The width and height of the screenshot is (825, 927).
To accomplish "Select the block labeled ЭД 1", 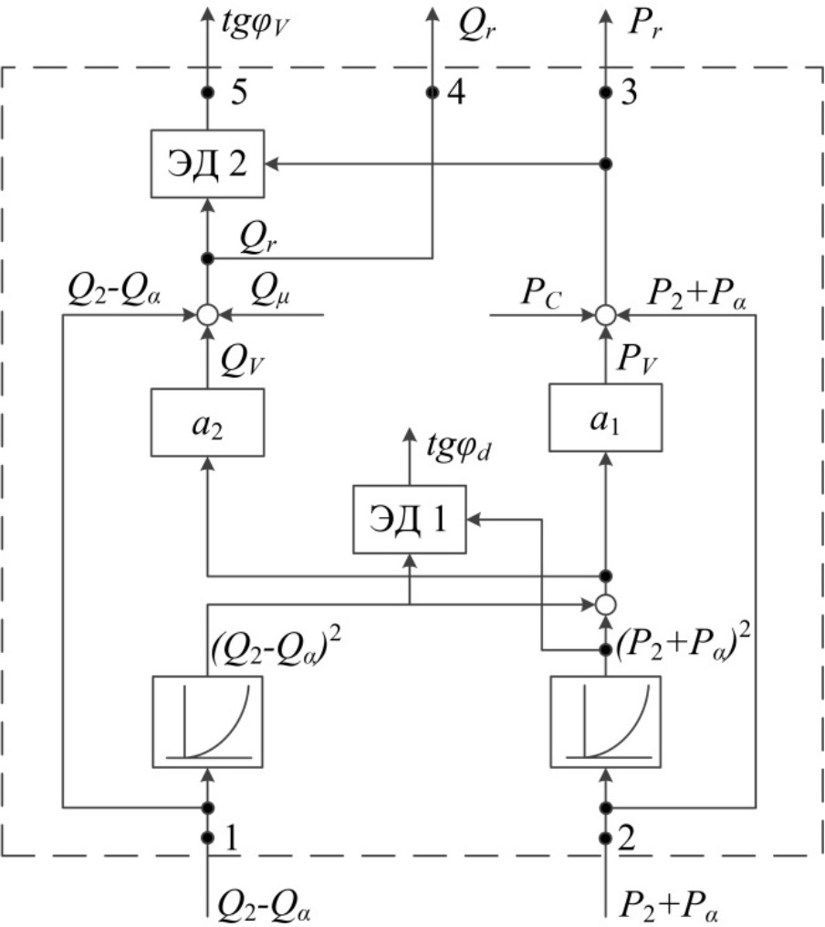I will pyautogui.click(x=410, y=519).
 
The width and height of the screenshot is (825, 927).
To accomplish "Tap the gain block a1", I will pyautogui.click(x=603, y=417).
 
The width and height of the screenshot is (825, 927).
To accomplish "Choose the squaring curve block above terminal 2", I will pyautogui.click(x=603, y=721).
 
